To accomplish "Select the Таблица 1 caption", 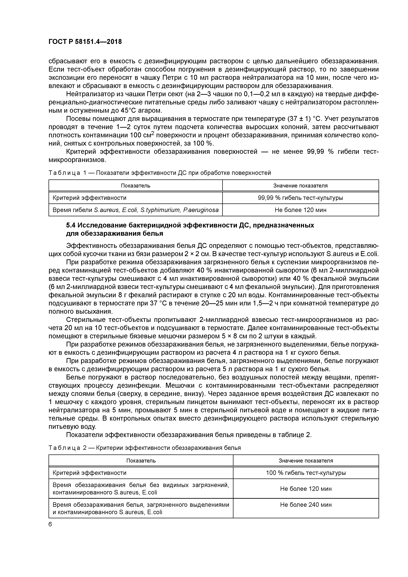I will coord(160,173).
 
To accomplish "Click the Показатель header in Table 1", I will coord(136,186).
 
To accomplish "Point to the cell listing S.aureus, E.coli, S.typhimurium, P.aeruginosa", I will coord(136,210).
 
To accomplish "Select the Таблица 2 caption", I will coord(145,448).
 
